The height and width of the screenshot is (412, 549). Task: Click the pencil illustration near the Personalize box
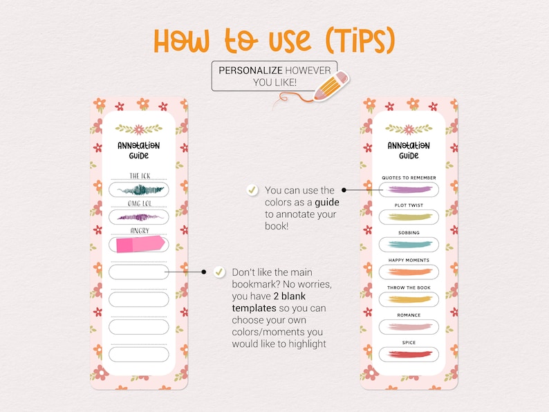pyautogui.click(x=331, y=87)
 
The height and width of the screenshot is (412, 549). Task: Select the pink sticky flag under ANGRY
pyautogui.click(x=140, y=244)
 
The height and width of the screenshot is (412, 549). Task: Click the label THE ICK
pyautogui.click(x=140, y=176)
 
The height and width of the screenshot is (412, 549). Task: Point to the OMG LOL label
pyautogui.click(x=140, y=203)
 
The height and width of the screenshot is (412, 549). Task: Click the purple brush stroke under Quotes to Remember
pyautogui.click(x=409, y=189)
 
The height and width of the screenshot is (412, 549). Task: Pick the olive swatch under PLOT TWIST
pyautogui.click(x=409, y=217)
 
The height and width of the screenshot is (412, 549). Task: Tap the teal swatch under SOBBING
pyautogui.click(x=409, y=244)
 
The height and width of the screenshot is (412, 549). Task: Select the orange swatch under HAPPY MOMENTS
pyautogui.click(x=409, y=272)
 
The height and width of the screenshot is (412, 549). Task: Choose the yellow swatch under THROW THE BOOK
pyautogui.click(x=409, y=299)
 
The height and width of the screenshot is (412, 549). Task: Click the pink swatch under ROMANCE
pyautogui.click(x=409, y=326)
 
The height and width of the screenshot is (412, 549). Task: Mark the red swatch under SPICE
pyautogui.click(x=409, y=354)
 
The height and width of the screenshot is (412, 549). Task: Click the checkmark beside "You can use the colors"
pyautogui.click(x=252, y=189)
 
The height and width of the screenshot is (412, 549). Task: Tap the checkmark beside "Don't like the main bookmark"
pyautogui.click(x=219, y=272)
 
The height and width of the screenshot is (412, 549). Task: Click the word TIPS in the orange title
pyautogui.click(x=358, y=41)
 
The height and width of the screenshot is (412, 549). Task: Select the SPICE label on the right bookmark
pyautogui.click(x=409, y=343)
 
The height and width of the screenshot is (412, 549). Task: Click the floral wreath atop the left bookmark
pyautogui.click(x=139, y=129)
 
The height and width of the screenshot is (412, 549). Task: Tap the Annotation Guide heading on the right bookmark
pyautogui.click(x=409, y=151)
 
